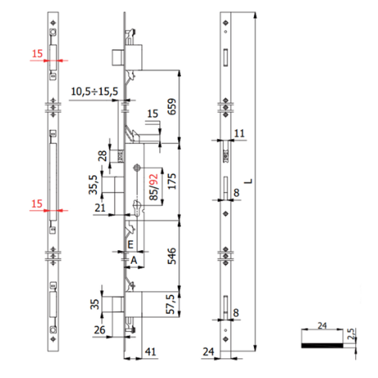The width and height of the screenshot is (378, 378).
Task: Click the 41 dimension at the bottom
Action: tap(150, 353)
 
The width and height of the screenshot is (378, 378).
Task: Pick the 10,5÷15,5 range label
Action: tap(94, 92)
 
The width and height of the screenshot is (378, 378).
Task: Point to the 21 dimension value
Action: tap(99, 209)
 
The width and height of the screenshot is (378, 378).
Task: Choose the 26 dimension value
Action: tap(100, 329)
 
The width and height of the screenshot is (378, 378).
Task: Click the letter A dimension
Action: tap(133, 259)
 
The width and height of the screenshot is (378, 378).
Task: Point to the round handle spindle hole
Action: tap(137, 168)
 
